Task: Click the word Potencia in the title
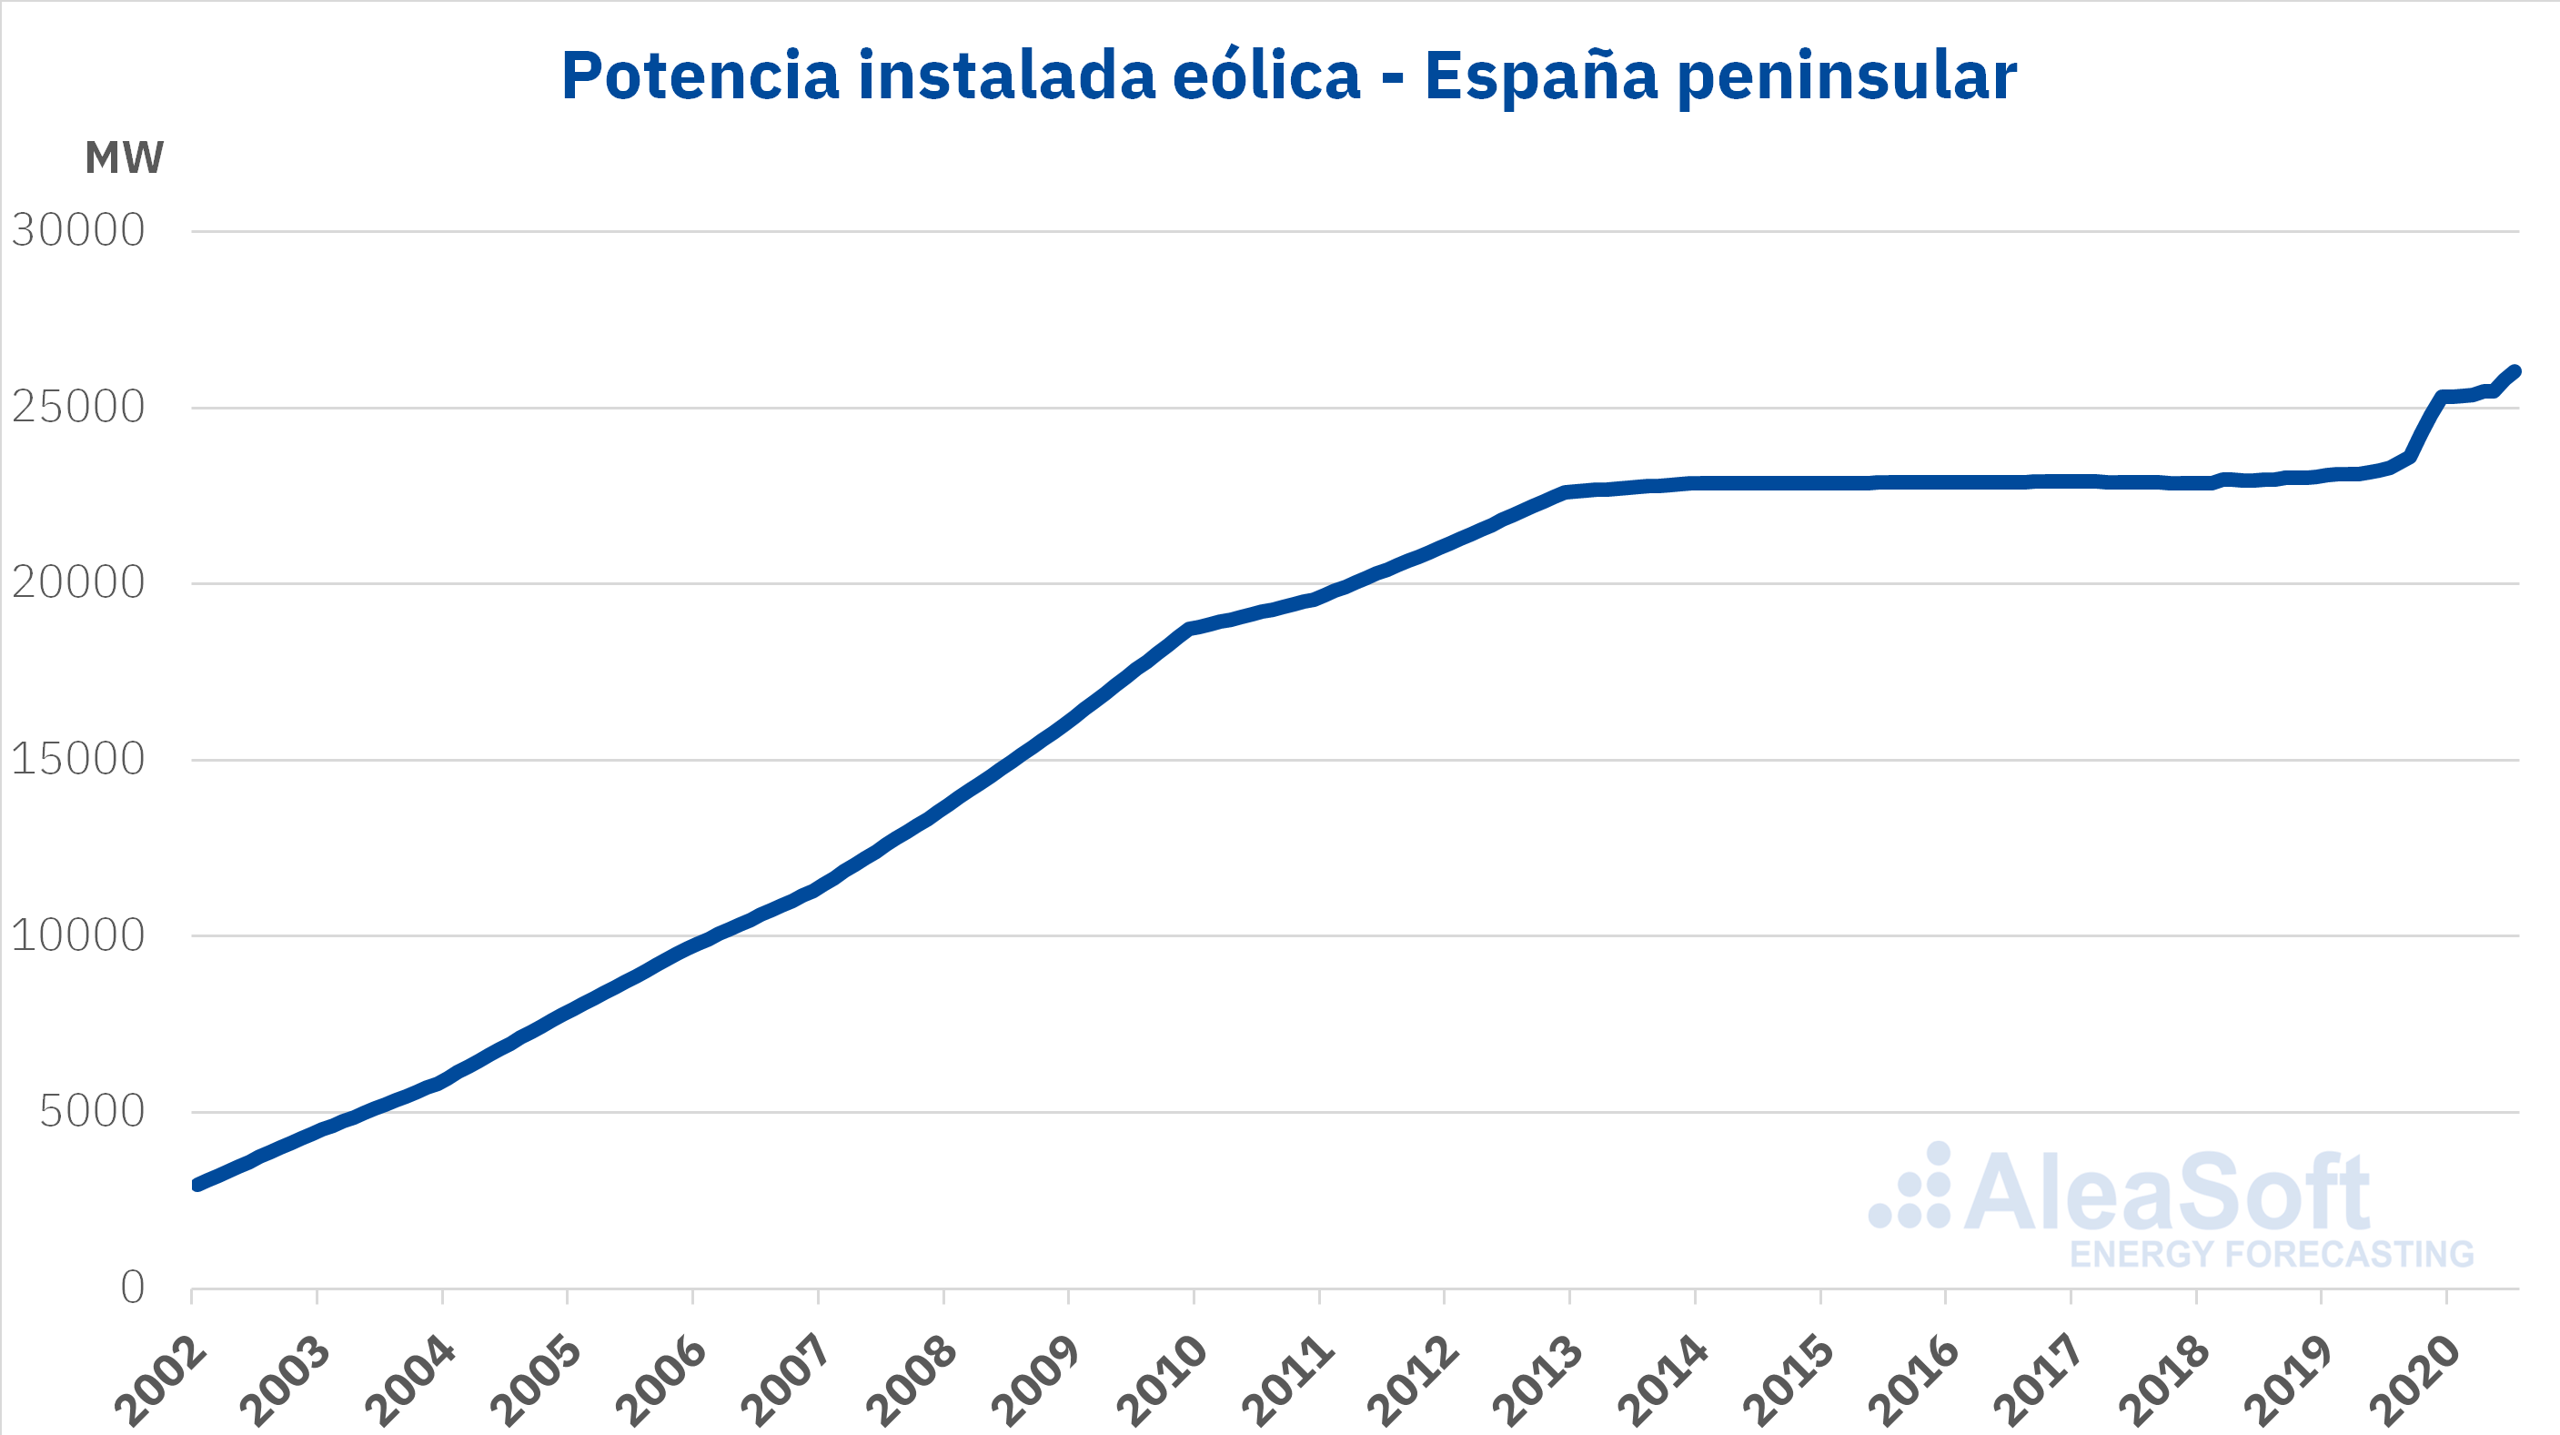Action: [700, 76]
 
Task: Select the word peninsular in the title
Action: [1847, 77]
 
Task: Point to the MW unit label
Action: [125, 158]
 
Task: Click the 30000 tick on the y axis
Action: [78, 230]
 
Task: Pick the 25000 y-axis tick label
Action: [78, 407]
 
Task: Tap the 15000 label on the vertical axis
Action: [78, 759]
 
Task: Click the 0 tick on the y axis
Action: [132, 1288]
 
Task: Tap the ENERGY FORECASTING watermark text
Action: [2272, 1254]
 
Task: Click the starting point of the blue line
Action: [197, 1185]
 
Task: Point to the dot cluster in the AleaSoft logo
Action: [1910, 1188]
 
